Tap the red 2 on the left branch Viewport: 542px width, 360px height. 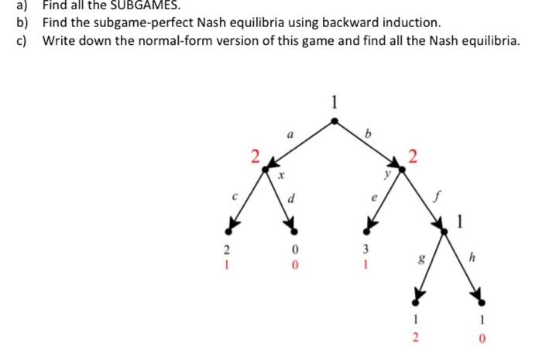pos(254,157)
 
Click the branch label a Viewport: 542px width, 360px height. pos(290,134)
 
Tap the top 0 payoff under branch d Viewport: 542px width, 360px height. pos(295,251)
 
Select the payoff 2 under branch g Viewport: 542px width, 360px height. pos(417,338)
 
